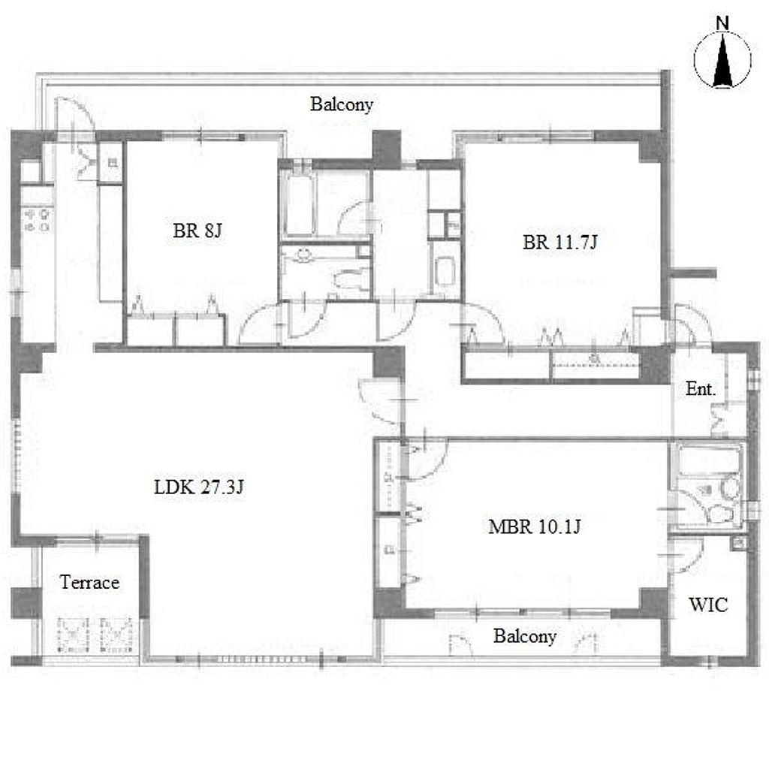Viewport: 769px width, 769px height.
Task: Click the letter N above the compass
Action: pos(722,23)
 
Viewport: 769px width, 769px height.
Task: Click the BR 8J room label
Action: pos(198,230)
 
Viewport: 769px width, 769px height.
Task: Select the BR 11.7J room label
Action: pos(559,242)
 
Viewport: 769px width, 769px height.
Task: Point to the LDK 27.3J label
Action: pos(198,487)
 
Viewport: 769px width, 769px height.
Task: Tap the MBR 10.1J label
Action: pos(535,526)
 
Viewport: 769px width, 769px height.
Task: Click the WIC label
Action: pos(708,605)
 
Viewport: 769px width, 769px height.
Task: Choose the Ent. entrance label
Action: pos(701,389)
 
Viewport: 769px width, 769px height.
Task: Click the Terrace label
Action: pos(90,582)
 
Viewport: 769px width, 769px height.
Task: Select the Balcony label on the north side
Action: pos(342,104)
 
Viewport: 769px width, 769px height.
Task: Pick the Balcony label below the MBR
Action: pos(525,636)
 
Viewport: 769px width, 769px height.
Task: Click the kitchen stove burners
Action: pos(38,220)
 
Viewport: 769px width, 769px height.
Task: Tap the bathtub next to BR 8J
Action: pos(299,204)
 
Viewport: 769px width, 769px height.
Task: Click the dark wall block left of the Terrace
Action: pos(26,602)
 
